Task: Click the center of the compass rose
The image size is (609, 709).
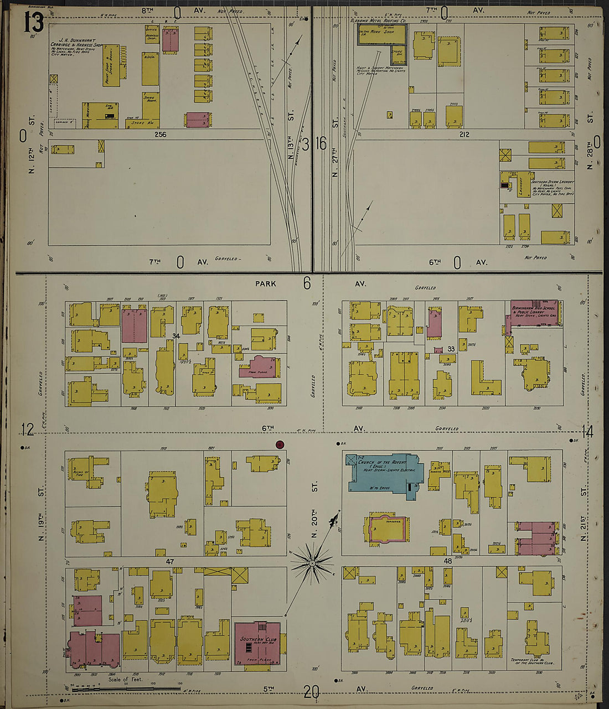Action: pos(312,563)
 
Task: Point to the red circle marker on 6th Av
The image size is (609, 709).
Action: pos(280,444)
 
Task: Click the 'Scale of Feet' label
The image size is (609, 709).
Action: pos(125,680)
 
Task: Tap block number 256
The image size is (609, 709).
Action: pos(161,134)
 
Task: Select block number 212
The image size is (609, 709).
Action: pos(464,134)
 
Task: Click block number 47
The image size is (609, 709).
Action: pos(170,561)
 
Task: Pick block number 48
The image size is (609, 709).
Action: pos(447,561)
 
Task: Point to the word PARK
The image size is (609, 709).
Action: pos(265,283)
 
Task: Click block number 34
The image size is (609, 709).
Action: pos(176,336)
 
